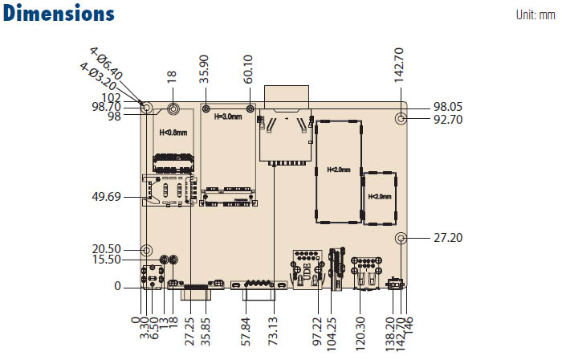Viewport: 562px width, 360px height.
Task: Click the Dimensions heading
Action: pos(59,14)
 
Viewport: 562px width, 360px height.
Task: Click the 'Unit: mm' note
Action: pos(536,14)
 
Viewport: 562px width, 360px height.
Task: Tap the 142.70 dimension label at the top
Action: pos(399,65)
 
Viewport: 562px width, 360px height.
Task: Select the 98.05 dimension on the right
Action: pos(448,107)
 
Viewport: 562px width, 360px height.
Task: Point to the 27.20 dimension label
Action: pos(448,237)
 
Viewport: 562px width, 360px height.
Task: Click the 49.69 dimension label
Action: pos(107,197)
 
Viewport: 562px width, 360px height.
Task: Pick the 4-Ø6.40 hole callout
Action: pos(106,63)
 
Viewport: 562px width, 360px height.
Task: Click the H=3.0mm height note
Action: pos(228,117)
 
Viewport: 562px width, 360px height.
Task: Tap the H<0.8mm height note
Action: pos(173,133)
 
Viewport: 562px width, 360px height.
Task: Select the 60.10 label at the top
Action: pos(248,69)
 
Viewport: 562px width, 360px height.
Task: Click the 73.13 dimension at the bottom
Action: pos(273,331)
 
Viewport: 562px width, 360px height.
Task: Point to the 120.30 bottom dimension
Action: pos(360,333)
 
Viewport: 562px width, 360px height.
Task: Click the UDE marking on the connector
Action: pos(307,272)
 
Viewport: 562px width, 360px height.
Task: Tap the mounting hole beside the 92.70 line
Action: pos(401,119)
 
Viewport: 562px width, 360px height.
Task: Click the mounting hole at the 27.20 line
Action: pos(401,238)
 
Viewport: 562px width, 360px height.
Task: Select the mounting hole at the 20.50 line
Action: pos(146,250)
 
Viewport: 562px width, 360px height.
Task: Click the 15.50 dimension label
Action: pos(107,260)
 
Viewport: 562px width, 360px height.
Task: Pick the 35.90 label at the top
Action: pos(204,69)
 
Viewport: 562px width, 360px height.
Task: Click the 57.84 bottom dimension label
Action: pos(246,331)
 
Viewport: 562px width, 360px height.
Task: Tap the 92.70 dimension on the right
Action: pos(448,120)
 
